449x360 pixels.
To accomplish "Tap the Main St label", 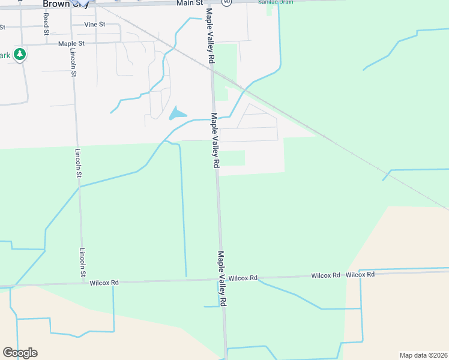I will (189, 4).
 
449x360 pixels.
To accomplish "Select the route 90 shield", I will (226, 2).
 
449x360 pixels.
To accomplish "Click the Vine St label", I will (95, 25).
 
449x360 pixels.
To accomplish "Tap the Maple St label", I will (71, 44).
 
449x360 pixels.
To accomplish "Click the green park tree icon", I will (20, 55).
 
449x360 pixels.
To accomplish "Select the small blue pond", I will (177, 113).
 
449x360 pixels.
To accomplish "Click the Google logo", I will (20, 353).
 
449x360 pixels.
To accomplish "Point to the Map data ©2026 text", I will (423, 355).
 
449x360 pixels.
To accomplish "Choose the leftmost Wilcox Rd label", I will (104, 282).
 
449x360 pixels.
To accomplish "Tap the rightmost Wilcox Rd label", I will (360, 274).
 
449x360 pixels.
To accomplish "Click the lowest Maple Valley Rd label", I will (222, 278).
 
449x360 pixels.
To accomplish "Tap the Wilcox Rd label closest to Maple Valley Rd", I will (243, 278).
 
